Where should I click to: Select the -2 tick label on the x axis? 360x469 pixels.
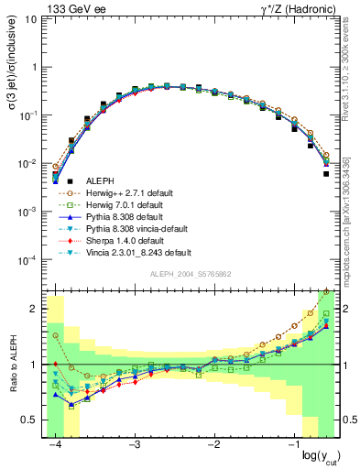pos(213,444)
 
